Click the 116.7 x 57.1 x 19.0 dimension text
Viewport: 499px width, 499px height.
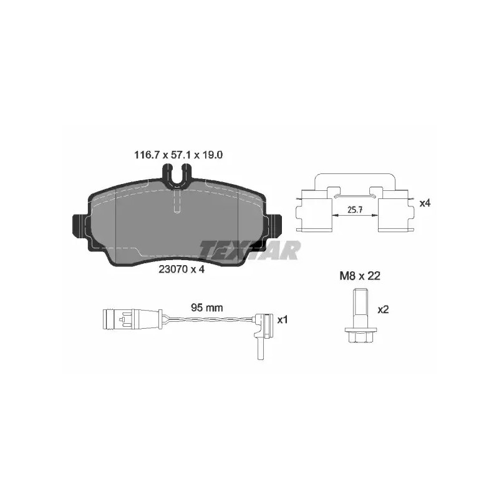178,155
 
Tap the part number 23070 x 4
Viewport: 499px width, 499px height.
182,269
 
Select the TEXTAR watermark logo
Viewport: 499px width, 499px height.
250,250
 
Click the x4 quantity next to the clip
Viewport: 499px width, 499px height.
425,203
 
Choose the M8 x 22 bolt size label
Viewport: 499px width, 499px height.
360,276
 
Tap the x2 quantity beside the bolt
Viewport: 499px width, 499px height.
383,309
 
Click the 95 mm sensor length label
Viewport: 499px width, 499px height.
207,308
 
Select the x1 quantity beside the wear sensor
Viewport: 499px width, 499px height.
283,320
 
